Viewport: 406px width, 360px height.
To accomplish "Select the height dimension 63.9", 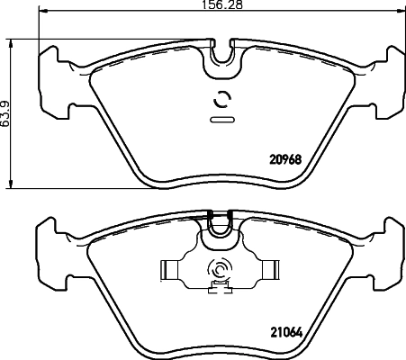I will [x=6, y=112].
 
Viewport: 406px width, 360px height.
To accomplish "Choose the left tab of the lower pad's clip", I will [x=168, y=269].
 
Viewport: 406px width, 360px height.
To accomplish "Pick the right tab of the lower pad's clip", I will [x=269, y=269].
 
